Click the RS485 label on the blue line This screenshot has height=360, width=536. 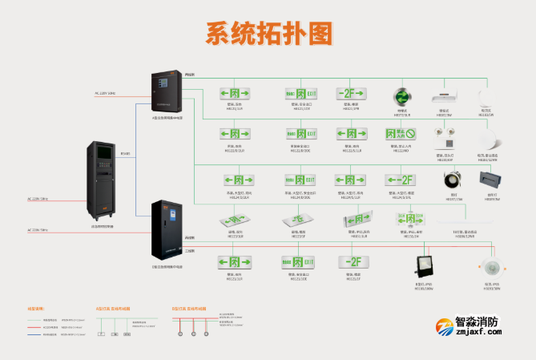pyautogui.click(x=125, y=153)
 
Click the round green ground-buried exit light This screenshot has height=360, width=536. pyautogui.click(x=401, y=95)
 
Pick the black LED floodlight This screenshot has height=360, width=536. pyautogui.click(x=424, y=265)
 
